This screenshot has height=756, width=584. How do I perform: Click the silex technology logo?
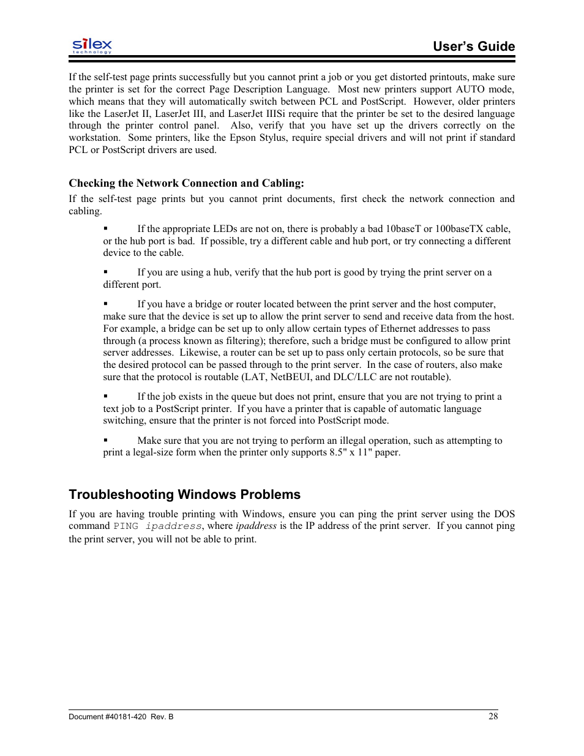click(x=92, y=45)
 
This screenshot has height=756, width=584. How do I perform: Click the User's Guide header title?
click(x=473, y=47)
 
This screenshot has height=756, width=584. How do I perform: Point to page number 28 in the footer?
click(x=493, y=716)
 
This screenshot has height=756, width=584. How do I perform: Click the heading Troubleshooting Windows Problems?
click(x=184, y=495)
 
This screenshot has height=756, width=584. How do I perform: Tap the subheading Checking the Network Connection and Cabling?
click(x=186, y=183)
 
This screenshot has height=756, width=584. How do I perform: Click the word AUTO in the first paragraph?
click(x=470, y=89)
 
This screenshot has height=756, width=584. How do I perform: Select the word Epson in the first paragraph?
click(x=242, y=138)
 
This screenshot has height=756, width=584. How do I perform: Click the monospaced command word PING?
click(x=125, y=526)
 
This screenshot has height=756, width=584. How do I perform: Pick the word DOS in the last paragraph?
click(x=504, y=514)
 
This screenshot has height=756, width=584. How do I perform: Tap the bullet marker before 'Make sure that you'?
click(x=105, y=440)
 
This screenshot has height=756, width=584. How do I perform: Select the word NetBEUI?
click(x=291, y=377)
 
